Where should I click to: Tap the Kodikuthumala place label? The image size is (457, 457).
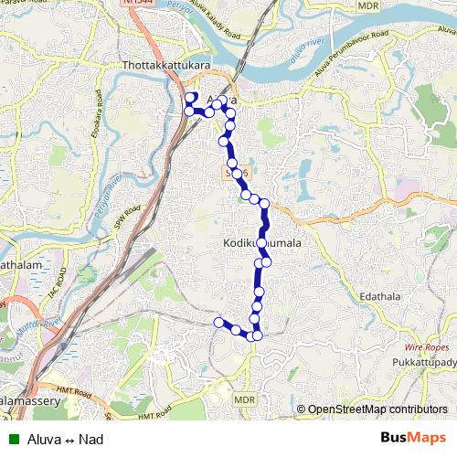262,244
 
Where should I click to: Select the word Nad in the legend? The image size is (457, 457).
91,440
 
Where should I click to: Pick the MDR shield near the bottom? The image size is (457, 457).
244,399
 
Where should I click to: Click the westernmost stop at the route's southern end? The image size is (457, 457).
218,322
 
